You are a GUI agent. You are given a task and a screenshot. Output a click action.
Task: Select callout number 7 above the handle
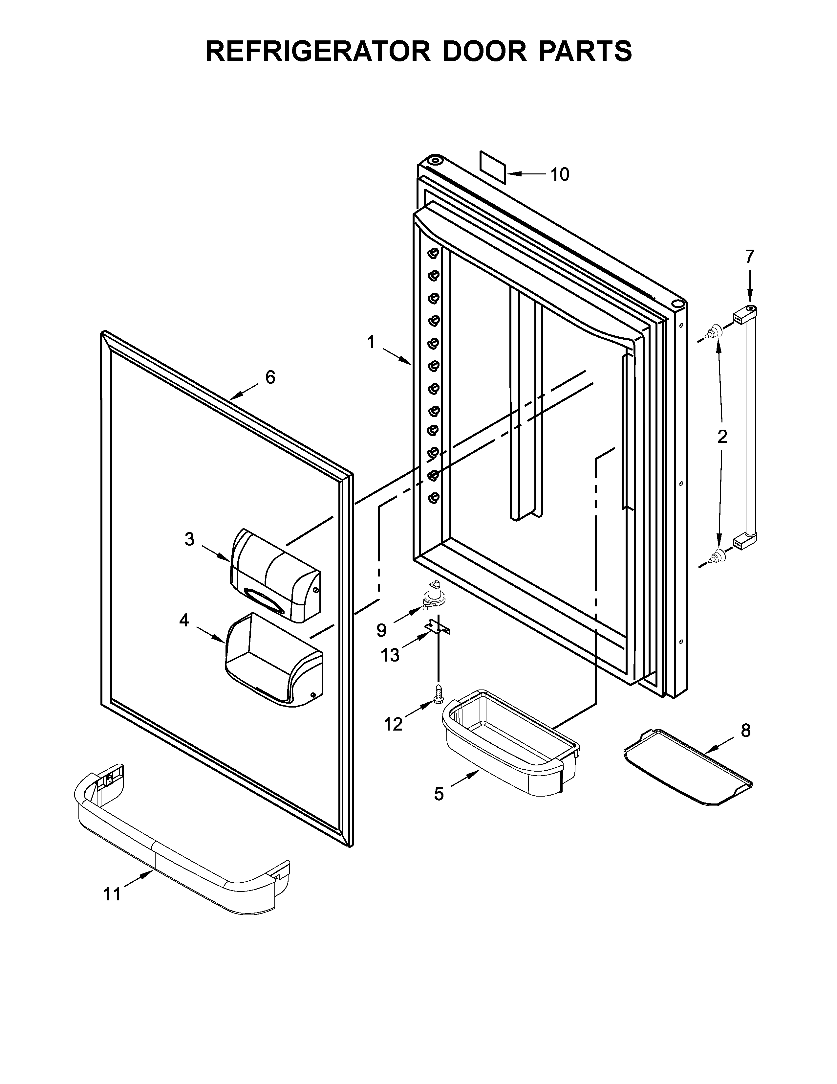click(749, 256)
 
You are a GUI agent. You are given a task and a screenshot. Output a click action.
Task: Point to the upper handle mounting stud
click(715, 331)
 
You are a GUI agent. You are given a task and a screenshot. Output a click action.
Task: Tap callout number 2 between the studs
click(722, 436)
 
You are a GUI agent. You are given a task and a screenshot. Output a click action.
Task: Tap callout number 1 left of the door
click(370, 342)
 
